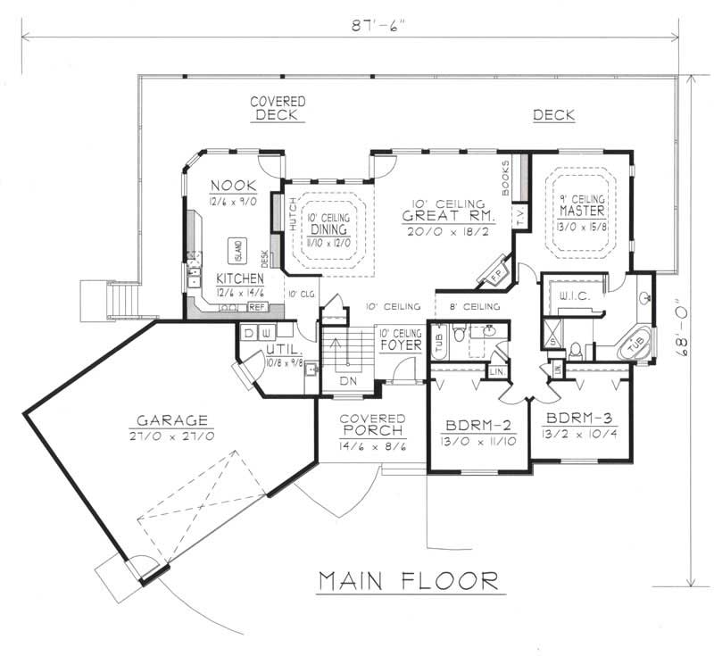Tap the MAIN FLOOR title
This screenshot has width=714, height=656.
pos(409,581)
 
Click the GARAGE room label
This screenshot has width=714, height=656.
pos(172,420)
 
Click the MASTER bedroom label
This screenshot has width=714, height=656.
pos(583,212)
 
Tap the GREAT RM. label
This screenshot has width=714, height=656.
pos(443,215)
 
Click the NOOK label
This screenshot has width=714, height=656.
pos(233,185)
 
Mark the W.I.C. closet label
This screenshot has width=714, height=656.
pos(571,295)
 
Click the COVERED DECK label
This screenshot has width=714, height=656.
pos(277,108)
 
